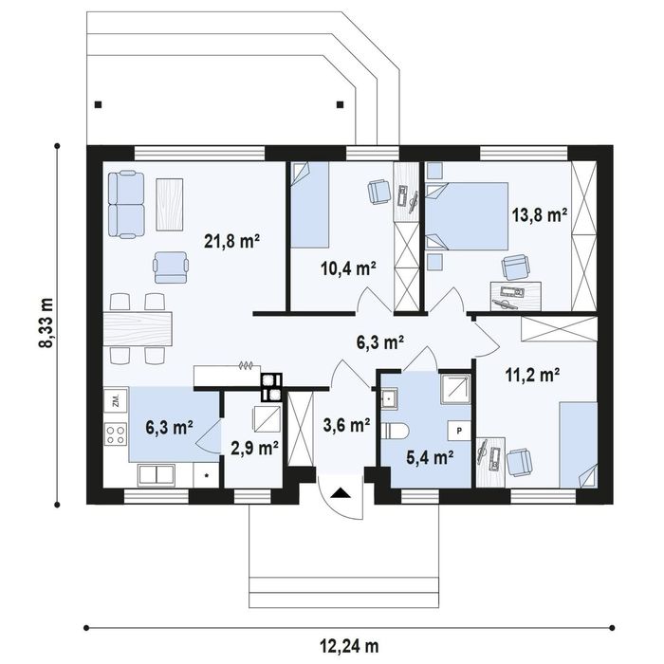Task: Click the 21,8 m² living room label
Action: (x=231, y=241)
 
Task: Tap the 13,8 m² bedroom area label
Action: (x=540, y=214)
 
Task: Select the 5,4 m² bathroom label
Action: (x=430, y=457)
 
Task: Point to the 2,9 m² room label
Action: (x=254, y=448)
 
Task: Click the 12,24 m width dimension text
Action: (x=348, y=646)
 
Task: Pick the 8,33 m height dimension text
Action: (x=46, y=323)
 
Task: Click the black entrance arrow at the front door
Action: (x=341, y=493)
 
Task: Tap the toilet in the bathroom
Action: (x=395, y=431)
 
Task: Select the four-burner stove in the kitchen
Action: (x=116, y=434)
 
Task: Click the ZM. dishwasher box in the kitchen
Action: (x=116, y=399)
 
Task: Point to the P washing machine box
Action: (x=459, y=431)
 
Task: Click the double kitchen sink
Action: (x=157, y=474)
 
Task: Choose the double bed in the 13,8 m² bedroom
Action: (x=467, y=216)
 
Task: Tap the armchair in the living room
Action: (x=170, y=267)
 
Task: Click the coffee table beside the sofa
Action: (x=170, y=204)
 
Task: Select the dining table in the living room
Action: (x=138, y=328)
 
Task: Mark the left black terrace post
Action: (x=99, y=104)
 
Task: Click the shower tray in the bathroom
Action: (x=454, y=389)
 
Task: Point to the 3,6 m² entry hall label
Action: (x=347, y=425)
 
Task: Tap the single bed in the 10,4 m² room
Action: (x=309, y=205)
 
